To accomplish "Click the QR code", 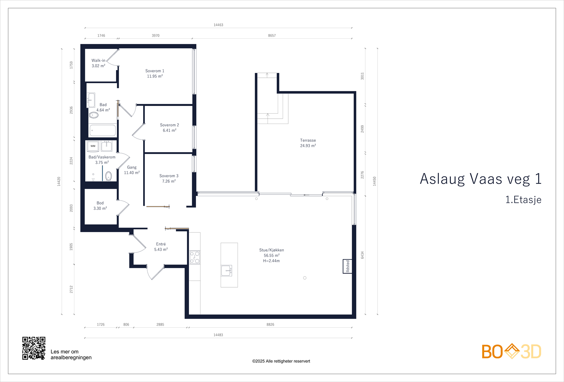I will pyautogui.click(x=34, y=348).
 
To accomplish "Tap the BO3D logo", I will pyautogui.click(x=511, y=351).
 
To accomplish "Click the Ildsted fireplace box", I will pyautogui.click(x=347, y=266).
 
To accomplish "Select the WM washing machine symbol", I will pyautogui.click(x=93, y=146).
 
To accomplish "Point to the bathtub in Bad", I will pyautogui.click(x=103, y=131).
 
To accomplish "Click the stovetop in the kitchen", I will pyautogui.click(x=195, y=257).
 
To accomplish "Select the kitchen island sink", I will pyautogui.click(x=226, y=271).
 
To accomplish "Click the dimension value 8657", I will pyautogui.click(x=272, y=36).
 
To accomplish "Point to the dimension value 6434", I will pyautogui.click(x=362, y=255).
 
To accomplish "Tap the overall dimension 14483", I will pyautogui.click(x=218, y=335).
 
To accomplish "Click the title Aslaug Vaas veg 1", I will pyautogui.click(x=480, y=179).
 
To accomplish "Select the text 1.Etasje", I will pyautogui.click(x=523, y=200).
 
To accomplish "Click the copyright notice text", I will pyautogui.click(x=281, y=361).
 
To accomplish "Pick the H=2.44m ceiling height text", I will pyautogui.click(x=271, y=261).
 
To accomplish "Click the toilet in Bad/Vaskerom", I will pyautogui.click(x=109, y=176).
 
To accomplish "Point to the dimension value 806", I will pyautogui.click(x=126, y=325).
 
